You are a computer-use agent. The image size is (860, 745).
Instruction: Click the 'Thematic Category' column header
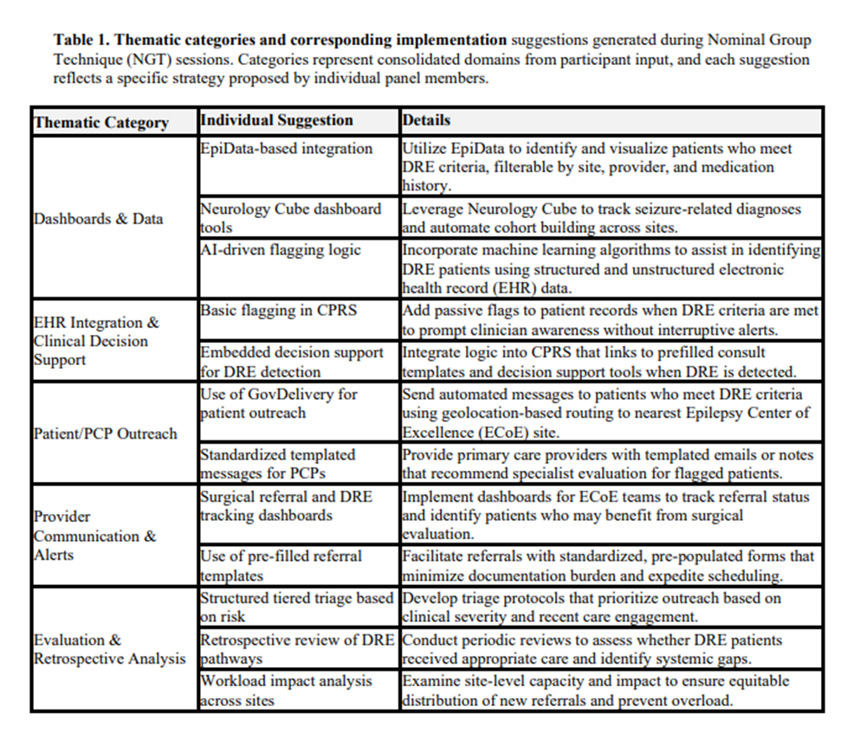pos(100,122)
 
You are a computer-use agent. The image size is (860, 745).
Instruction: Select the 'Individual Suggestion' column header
pos(276,120)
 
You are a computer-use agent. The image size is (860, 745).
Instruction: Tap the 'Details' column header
pos(426,120)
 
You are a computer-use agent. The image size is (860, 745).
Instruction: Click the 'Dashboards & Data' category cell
pos(98,219)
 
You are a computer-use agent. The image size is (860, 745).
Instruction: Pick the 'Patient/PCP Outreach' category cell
pos(105,434)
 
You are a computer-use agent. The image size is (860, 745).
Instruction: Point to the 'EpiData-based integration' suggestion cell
pos(286,149)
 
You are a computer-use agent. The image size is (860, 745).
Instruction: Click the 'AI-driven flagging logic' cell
pos(281,250)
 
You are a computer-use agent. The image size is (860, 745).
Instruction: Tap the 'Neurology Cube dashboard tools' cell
pos(290,217)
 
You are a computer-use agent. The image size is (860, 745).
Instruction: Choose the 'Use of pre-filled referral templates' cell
pos(281,564)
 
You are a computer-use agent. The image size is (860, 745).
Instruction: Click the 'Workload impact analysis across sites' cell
pos(287,690)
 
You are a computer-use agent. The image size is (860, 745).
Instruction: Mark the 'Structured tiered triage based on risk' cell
pos(296,607)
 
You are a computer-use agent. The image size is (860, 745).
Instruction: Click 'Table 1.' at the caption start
pos(81,40)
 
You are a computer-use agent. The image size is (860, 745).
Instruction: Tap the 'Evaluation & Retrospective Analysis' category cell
pos(109,649)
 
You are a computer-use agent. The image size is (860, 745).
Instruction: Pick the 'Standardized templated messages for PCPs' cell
pos(277,464)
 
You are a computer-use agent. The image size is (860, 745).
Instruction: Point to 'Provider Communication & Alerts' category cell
pos(94,536)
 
